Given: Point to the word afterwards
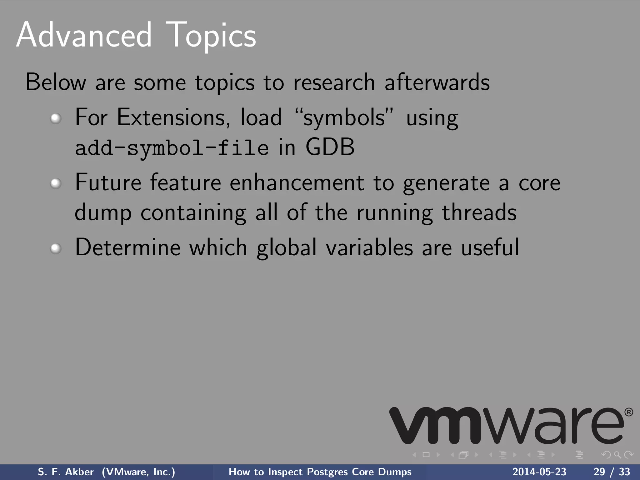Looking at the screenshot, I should (x=437, y=82).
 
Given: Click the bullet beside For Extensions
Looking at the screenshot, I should (x=56, y=118).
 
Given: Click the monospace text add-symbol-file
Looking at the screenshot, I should (x=172, y=148).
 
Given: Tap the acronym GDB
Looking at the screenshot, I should (x=330, y=147).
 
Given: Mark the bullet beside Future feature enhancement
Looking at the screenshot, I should (x=56, y=183).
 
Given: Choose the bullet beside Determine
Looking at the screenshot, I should (x=56, y=248).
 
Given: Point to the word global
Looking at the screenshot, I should (x=287, y=248).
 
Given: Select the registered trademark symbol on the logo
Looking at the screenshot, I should (x=628, y=412).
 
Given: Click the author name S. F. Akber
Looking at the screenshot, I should (x=66, y=472).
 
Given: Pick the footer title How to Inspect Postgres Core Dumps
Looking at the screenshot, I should (x=320, y=472).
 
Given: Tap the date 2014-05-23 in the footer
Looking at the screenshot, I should (x=539, y=472).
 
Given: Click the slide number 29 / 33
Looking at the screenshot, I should (x=612, y=472).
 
